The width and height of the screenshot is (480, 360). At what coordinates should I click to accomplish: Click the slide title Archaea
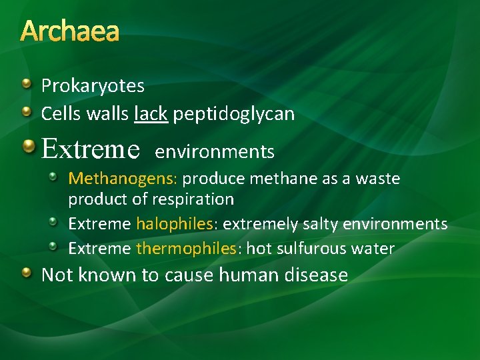tap(70, 31)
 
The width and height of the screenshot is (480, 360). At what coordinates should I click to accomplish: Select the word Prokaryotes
tap(93, 86)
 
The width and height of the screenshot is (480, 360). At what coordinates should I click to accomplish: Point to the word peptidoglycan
tap(233, 115)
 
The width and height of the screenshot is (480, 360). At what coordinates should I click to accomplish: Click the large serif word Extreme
tap(90, 149)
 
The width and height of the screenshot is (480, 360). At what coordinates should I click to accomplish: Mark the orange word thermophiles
tap(186, 249)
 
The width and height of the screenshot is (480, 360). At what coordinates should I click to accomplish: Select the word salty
tap(317, 224)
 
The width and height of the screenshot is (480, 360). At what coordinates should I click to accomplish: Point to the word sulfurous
tap(309, 249)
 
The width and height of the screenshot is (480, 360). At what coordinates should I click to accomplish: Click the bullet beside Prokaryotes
tap(26, 84)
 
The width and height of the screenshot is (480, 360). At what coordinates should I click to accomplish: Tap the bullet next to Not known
tap(26, 273)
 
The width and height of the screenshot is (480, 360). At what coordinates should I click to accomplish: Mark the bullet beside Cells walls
tap(26, 112)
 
